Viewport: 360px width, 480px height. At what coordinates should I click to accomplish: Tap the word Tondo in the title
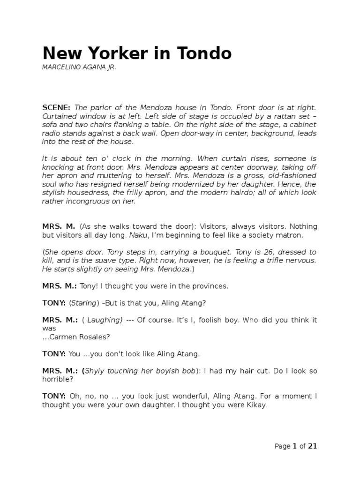pos(205,53)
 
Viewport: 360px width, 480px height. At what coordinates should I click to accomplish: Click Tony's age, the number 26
pos(263,252)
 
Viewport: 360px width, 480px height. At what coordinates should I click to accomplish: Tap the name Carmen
pos(63,337)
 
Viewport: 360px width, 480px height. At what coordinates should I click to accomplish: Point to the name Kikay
pos(254,405)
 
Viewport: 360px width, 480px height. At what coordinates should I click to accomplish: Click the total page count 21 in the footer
pos(312,446)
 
